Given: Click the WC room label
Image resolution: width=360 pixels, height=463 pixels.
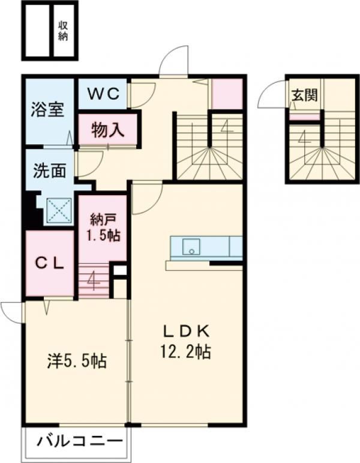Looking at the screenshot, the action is point(104,94).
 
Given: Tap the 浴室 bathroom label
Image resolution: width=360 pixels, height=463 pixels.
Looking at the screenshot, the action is point(47,110).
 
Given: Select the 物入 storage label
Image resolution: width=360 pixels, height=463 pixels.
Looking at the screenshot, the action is point(107,130).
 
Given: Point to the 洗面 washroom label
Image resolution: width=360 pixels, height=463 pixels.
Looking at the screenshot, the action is point(49,171).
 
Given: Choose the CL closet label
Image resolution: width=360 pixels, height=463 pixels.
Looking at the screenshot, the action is point(50,264).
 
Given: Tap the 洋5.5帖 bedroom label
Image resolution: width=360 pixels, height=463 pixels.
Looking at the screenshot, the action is point(77,360).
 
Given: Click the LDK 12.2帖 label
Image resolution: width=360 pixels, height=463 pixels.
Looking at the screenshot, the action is point(185,342).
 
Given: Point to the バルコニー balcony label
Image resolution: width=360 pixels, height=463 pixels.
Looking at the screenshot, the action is point(79,442).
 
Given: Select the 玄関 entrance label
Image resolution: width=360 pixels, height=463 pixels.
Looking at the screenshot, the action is point(305,95).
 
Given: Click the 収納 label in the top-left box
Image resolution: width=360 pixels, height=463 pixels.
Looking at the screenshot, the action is point(63,31).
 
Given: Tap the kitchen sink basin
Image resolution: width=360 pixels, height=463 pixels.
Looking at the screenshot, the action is point(191,246).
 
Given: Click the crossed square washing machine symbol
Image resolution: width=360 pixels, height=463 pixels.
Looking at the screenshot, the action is point(59,210).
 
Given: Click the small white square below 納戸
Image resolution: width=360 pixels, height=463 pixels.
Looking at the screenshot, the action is point(120,270).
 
